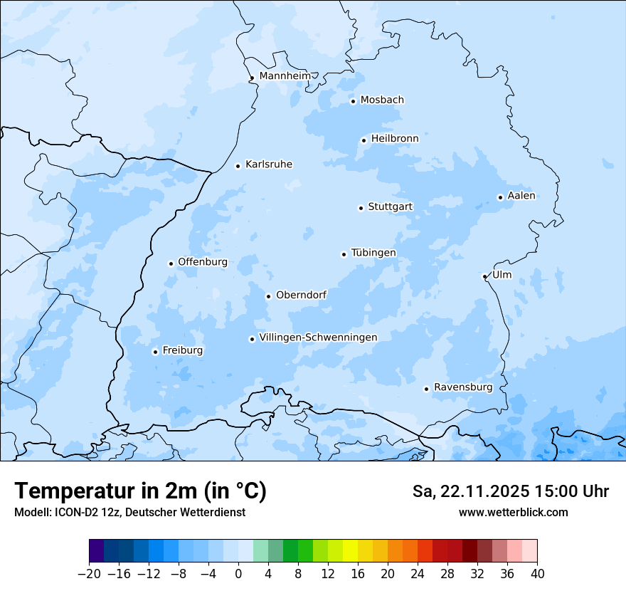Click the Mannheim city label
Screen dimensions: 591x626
[x=285, y=75]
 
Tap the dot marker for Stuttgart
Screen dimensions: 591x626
[x=361, y=208]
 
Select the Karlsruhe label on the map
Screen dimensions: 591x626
[x=268, y=164]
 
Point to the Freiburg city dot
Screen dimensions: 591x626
[x=155, y=352]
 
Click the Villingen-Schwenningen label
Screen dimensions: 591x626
[x=318, y=338]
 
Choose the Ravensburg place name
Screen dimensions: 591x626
[x=462, y=387]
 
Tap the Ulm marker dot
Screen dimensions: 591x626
[x=484, y=276]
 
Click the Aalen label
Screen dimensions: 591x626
[x=521, y=196]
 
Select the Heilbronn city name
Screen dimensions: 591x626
[x=394, y=138]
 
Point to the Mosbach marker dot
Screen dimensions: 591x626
[x=353, y=101]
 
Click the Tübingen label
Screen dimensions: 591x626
[x=373, y=253]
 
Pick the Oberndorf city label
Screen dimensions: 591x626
[x=301, y=295]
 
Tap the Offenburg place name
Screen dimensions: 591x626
[x=202, y=262]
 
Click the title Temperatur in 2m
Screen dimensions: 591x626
[x=140, y=491]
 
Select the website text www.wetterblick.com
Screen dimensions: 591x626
[x=513, y=512]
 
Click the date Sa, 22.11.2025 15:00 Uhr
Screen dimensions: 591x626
[x=510, y=491]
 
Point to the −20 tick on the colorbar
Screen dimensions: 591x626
[x=89, y=574]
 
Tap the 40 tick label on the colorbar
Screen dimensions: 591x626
[x=537, y=574]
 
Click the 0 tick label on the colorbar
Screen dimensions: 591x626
[x=238, y=574]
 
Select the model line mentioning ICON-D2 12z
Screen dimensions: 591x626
[x=129, y=512]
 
